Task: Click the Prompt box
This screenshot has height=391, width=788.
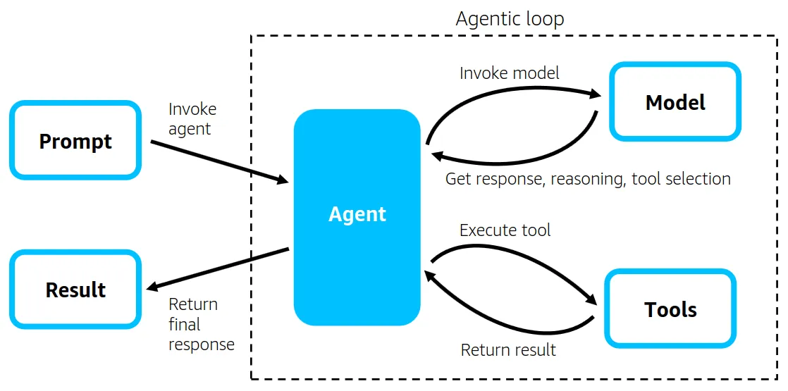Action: point(75,141)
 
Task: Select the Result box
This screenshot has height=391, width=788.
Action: point(75,290)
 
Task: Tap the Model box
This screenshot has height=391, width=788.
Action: point(675,102)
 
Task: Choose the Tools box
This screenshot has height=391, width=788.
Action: point(670,309)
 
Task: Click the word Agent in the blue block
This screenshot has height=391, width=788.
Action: point(357,214)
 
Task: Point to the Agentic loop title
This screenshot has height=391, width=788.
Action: point(510,18)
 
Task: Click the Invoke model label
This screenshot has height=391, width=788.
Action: point(509,73)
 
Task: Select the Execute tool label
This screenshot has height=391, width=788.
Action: point(505,230)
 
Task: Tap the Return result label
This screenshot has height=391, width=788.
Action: point(507,349)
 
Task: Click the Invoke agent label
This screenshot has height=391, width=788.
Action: point(192,119)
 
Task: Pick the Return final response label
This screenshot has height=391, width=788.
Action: point(201,324)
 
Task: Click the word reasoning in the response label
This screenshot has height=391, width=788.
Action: point(587,179)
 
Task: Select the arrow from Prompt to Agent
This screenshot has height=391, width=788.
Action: point(218,162)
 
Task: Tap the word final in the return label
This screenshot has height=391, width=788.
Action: point(185,325)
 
